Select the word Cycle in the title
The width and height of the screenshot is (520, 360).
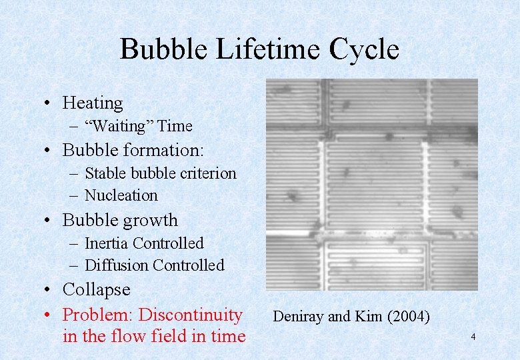point(367,50)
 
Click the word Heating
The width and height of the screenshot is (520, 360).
point(93,103)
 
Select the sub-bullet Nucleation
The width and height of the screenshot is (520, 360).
point(121,195)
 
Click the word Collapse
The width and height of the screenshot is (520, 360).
point(96,289)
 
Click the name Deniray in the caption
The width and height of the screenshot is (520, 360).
point(298,317)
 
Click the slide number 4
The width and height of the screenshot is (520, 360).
point(473,337)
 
